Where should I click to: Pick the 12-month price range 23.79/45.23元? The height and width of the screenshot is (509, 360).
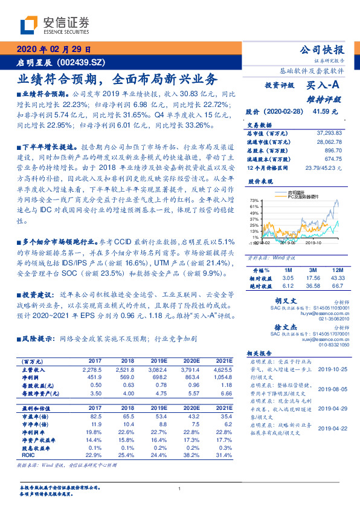pyautogui.click(x=321, y=167)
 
